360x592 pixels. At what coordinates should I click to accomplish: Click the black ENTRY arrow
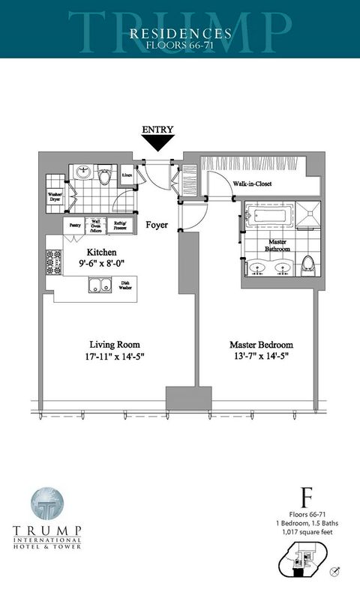(157, 142)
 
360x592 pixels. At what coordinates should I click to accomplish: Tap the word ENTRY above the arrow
(157, 129)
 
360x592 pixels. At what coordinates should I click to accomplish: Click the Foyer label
(157, 225)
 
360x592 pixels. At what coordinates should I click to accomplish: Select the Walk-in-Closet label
(252, 184)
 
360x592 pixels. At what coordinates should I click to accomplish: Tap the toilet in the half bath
(105, 175)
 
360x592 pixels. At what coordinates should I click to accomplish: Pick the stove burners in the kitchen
(52, 262)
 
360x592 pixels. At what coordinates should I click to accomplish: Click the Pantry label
(75, 224)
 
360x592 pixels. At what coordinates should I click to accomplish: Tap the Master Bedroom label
(261, 345)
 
